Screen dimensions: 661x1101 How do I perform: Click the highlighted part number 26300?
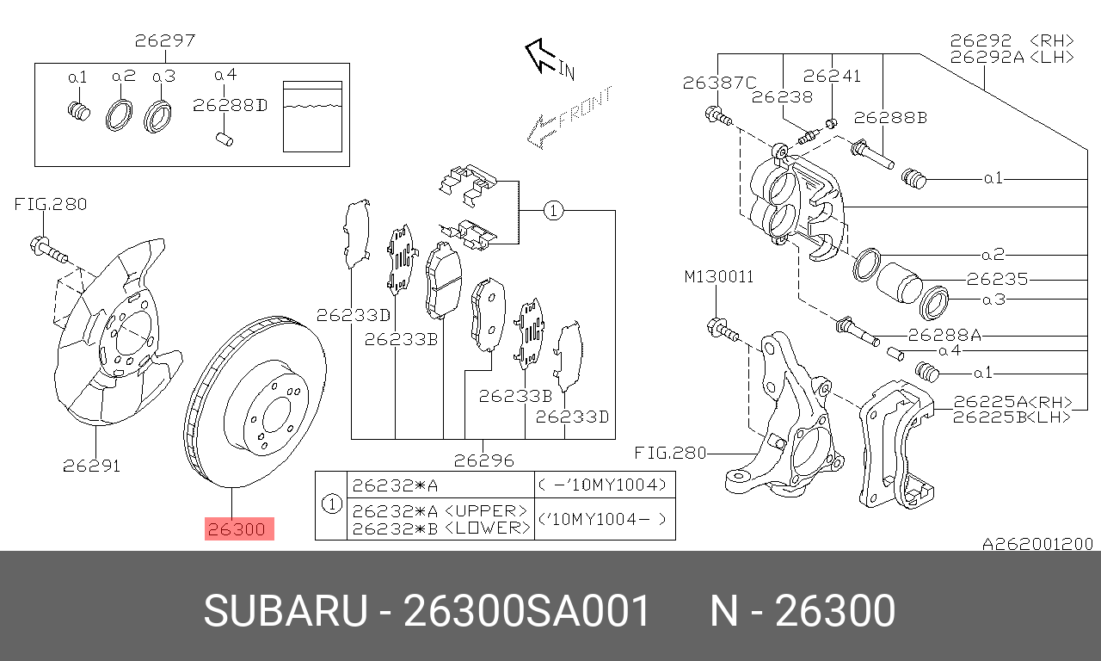coord(238,529)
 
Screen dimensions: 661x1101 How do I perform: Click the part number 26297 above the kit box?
coord(164,40)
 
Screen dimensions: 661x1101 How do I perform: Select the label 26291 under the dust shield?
coord(91,466)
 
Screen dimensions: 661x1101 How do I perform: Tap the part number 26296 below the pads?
coord(483,460)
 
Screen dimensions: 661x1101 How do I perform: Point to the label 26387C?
coord(719,83)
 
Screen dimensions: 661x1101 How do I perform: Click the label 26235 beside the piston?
coord(997,279)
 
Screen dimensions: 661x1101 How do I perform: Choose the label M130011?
coord(718,277)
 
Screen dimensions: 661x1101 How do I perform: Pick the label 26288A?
coord(950,336)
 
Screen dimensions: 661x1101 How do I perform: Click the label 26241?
coord(832,76)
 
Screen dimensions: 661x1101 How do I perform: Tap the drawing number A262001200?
coord(1038,544)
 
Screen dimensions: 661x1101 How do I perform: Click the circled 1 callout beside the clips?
coord(553,210)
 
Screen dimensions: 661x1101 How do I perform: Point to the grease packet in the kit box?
coord(313,116)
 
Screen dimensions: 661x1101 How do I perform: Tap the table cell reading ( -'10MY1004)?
coord(604,485)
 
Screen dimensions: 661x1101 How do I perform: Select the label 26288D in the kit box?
coord(230,106)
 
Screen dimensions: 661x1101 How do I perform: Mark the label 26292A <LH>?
coord(1012,57)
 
